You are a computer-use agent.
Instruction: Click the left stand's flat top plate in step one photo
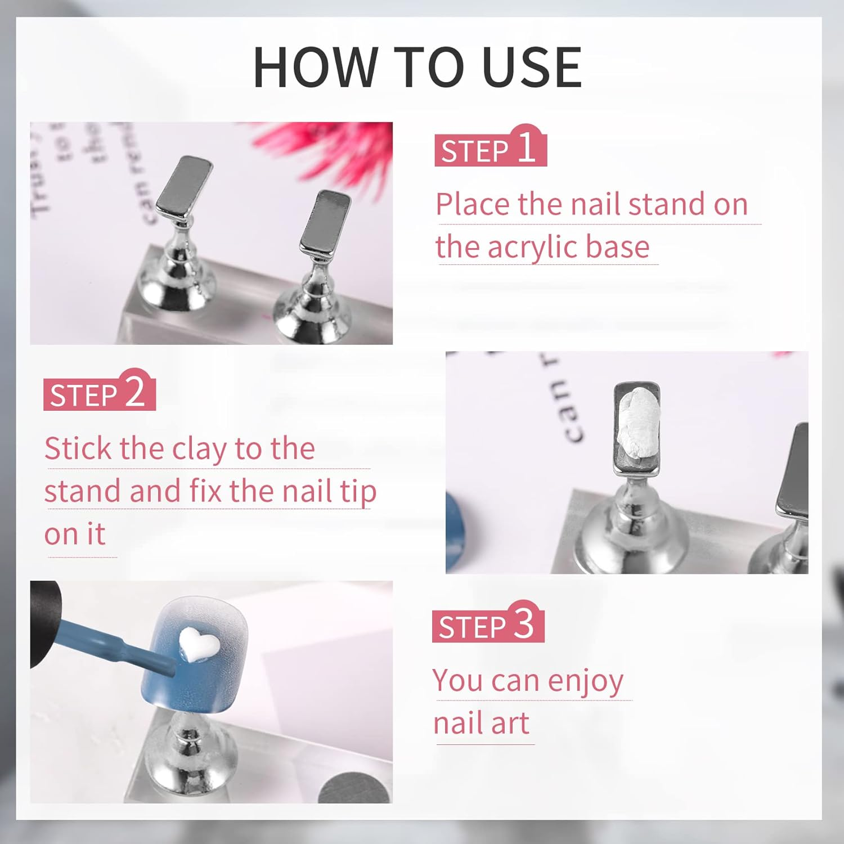tap(184, 187)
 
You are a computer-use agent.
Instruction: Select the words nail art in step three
tap(481, 723)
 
